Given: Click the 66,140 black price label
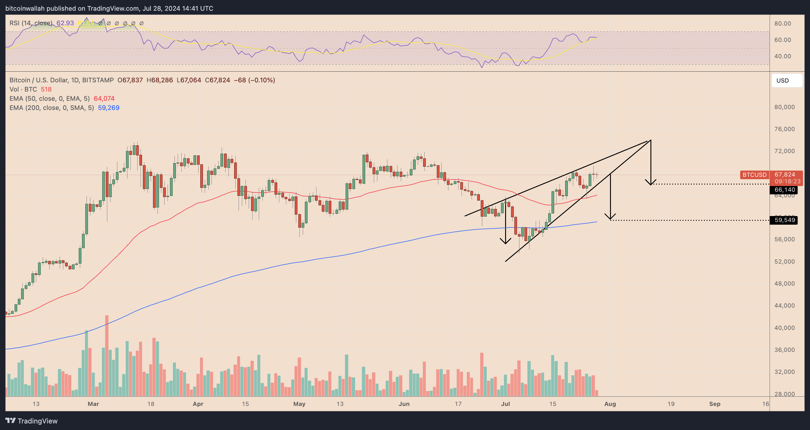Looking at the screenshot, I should click(784, 190).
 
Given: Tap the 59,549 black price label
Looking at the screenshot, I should click(784, 220).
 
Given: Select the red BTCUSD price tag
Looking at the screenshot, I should click(754, 174).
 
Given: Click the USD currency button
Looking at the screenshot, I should click(787, 81).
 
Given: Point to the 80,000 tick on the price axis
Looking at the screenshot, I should click(784, 107).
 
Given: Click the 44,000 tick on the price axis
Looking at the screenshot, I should click(784, 305).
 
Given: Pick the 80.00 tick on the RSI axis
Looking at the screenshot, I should click(782, 23).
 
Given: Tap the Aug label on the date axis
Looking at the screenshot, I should click(610, 404).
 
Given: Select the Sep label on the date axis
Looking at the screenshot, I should click(714, 404).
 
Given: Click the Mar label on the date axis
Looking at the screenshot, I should click(93, 404).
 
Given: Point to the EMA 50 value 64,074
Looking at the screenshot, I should click(104, 98).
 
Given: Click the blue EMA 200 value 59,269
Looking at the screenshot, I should click(108, 108).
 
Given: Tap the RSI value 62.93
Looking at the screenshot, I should click(65, 23).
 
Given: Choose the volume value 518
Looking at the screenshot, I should click(46, 89).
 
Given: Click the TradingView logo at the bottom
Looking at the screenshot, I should click(31, 421).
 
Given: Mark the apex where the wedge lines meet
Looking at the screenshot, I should click(650, 140).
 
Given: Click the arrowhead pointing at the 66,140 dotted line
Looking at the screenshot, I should click(650, 183).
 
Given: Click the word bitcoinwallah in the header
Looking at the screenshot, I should click(25, 9).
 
